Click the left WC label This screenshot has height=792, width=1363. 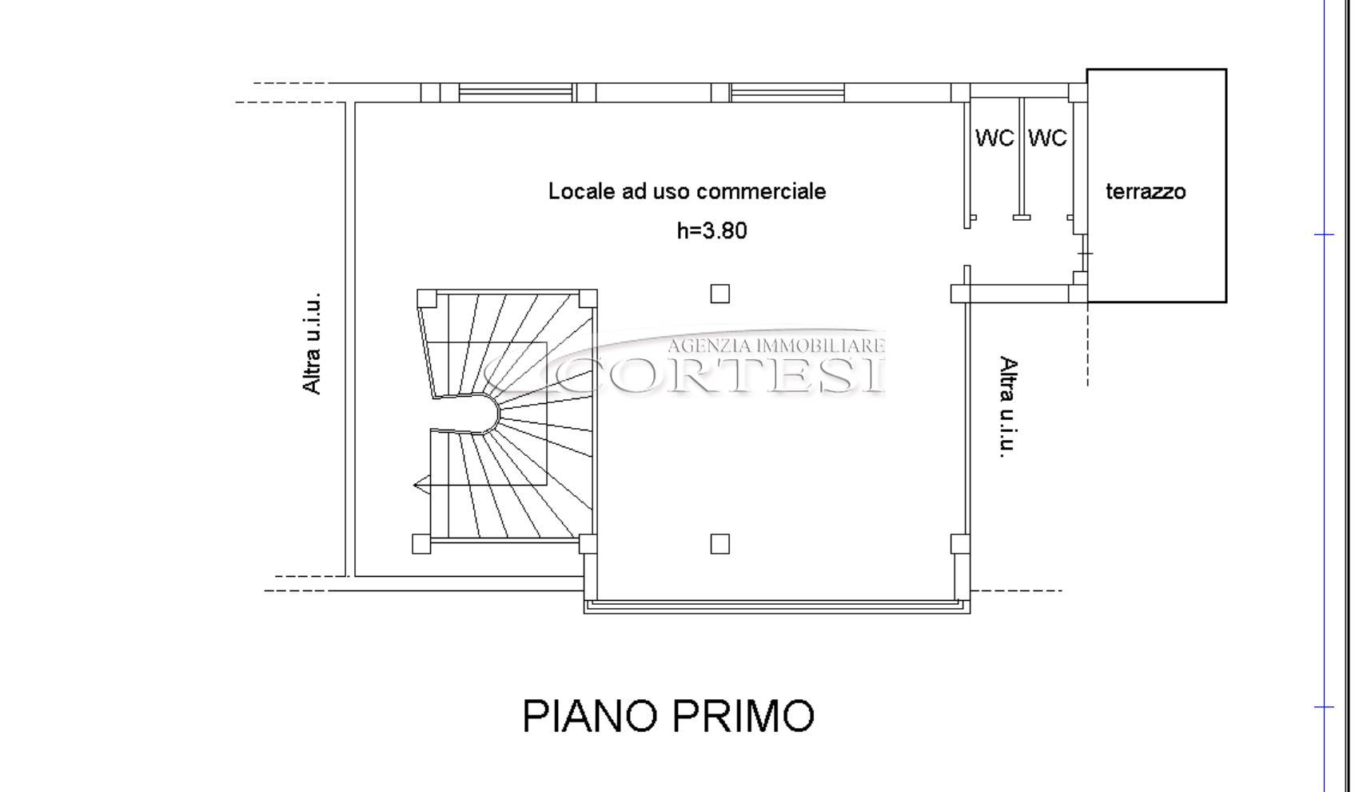(x=994, y=138)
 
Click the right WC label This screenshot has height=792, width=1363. (x=1048, y=138)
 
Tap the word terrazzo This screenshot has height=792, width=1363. (x=1146, y=192)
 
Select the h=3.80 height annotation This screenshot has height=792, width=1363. (x=712, y=230)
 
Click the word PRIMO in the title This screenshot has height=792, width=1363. (x=743, y=716)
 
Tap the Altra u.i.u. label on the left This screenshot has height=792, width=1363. (x=312, y=344)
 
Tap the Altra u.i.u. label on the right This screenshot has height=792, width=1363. (x=1008, y=406)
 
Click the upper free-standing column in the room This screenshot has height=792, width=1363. (x=719, y=294)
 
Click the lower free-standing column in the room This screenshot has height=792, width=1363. (x=719, y=544)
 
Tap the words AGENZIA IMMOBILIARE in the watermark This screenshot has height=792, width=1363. (x=775, y=346)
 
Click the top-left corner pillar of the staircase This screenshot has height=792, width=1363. (x=427, y=299)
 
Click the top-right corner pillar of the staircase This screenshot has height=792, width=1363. (x=588, y=299)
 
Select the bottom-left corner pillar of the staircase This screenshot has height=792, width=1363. (x=421, y=544)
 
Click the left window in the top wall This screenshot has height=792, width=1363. (x=516, y=93)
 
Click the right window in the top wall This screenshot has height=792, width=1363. (x=787, y=93)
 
